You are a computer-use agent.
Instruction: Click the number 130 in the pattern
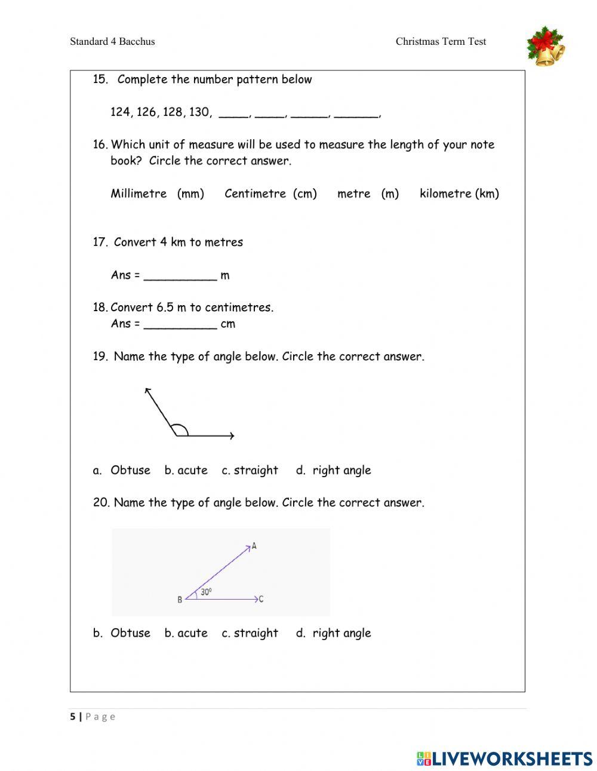tap(199, 112)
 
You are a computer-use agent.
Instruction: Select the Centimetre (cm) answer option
tap(270, 193)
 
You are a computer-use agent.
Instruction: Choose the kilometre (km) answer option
tap(459, 193)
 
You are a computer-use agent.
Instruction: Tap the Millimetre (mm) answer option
tap(157, 193)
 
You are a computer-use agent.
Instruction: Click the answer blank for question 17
tap(180, 275)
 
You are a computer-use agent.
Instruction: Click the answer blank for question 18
tap(180, 324)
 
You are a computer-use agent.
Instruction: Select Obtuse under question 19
tap(130, 471)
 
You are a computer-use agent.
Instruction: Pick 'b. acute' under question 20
tap(186, 633)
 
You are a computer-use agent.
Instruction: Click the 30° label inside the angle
tap(206, 592)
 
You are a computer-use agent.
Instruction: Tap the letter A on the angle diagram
tap(254, 546)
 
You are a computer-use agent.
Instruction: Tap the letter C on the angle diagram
tap(261, 599)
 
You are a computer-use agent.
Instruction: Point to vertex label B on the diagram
tap(180, 600)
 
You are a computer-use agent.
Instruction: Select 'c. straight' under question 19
tap(250, 471)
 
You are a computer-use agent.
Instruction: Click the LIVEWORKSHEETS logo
tap(504, 758)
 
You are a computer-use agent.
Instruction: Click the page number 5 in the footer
tap(73, 717)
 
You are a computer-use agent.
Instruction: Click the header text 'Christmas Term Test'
tap(441, 42)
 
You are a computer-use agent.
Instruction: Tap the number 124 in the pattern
tap(121, 112)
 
